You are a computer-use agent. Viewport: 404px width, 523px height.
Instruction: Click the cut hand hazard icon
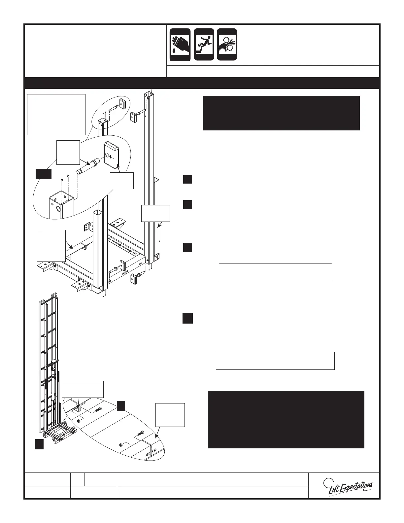coord(180,45)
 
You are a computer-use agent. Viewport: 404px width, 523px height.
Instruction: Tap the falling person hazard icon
coord(204,45)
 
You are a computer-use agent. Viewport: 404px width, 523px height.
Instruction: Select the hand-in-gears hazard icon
coord(227,45)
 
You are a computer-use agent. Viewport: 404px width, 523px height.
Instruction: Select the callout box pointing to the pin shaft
coord(68,152)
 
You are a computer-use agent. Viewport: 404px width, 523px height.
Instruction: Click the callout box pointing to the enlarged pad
coord(121,180)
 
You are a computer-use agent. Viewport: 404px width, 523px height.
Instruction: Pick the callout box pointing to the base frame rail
coord(51,246)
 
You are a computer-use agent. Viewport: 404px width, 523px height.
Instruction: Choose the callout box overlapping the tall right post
coord(155,213)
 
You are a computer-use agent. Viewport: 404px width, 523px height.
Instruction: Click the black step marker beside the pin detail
coord(43,174)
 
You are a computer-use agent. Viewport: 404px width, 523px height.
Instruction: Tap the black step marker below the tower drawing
coord(39,444)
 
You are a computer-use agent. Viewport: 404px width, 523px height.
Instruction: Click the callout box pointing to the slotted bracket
coord(170,414)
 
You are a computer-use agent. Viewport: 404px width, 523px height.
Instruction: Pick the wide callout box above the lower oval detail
coord(83,389)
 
